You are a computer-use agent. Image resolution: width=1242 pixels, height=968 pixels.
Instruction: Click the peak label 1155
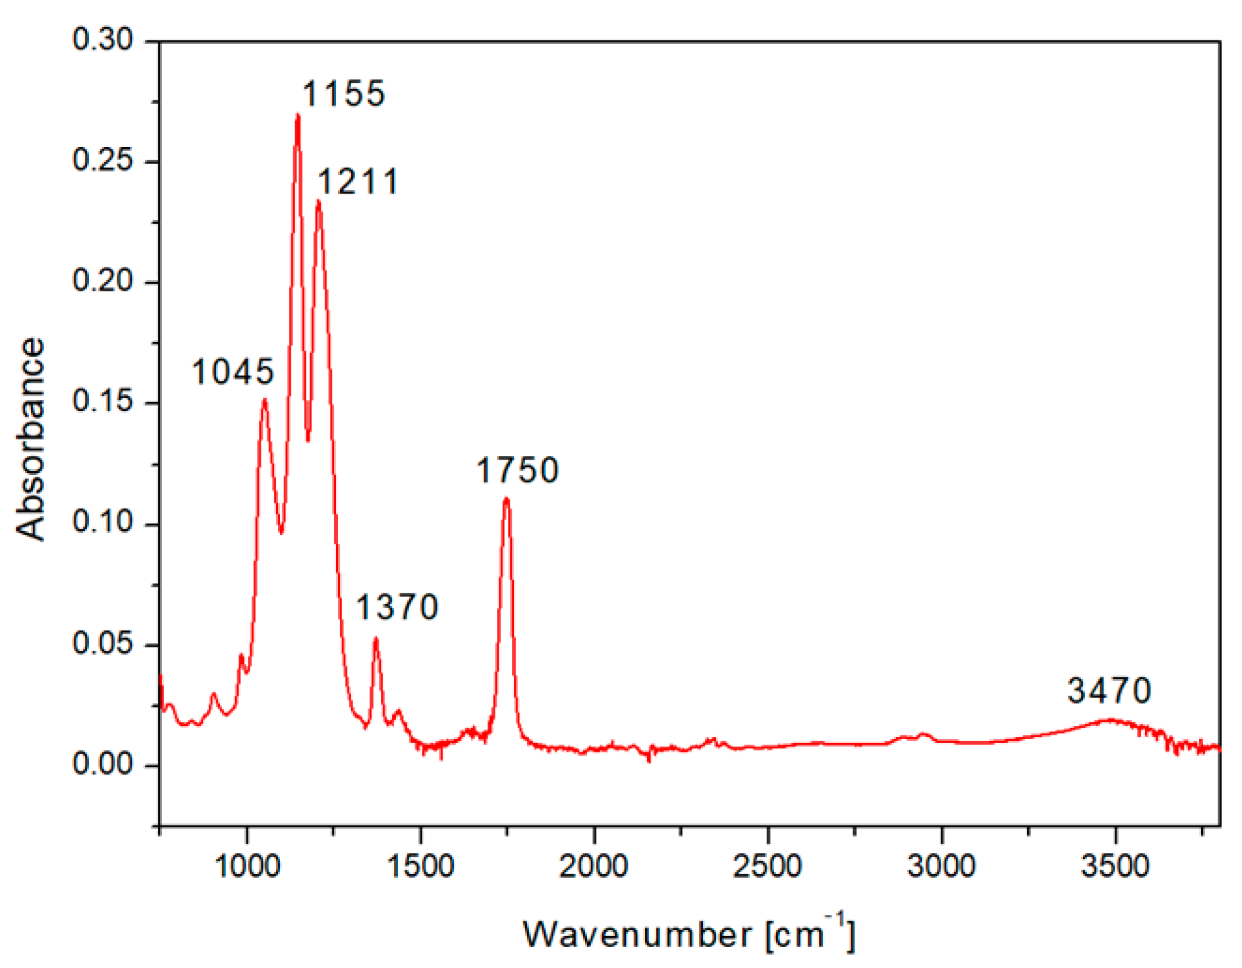pos(344,94)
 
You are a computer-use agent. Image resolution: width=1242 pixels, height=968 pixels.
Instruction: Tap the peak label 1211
pos(357,182)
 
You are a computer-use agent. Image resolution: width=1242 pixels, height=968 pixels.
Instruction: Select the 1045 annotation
pos(233,371)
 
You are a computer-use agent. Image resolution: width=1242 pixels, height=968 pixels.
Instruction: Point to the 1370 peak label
pos(397,607)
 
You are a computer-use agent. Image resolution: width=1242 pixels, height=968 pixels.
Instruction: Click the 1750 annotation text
pos(517,470)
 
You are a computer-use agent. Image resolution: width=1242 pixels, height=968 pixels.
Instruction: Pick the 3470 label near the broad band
pos(1109,691)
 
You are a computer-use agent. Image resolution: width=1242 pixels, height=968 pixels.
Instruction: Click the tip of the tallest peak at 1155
pos(298,115)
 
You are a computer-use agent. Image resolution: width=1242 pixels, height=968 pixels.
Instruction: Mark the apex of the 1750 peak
pos(506,499)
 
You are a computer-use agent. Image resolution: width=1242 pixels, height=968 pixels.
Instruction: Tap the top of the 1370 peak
pos(376,639)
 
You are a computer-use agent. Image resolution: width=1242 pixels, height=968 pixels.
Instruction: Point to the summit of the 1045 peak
pos(265,399)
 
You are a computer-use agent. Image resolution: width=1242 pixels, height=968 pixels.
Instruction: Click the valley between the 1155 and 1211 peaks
pos(308,440)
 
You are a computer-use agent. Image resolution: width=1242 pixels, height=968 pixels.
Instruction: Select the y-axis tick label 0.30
pos(103,40)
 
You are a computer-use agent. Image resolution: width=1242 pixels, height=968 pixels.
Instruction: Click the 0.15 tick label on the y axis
pos(103,402)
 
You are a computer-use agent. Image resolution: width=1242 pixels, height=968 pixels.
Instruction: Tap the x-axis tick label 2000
pos(594,866)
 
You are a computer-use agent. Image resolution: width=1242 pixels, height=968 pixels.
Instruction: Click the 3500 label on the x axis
pos(1115,866)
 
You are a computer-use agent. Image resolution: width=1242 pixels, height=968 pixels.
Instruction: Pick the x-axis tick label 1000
pos(247,866)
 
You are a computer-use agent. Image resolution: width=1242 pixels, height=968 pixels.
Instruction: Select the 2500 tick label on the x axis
pos(767,866)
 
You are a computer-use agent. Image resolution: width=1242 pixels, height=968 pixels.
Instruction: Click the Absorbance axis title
pos(30,440)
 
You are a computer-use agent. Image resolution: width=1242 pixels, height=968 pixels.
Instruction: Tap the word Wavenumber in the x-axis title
pos(637,935)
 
